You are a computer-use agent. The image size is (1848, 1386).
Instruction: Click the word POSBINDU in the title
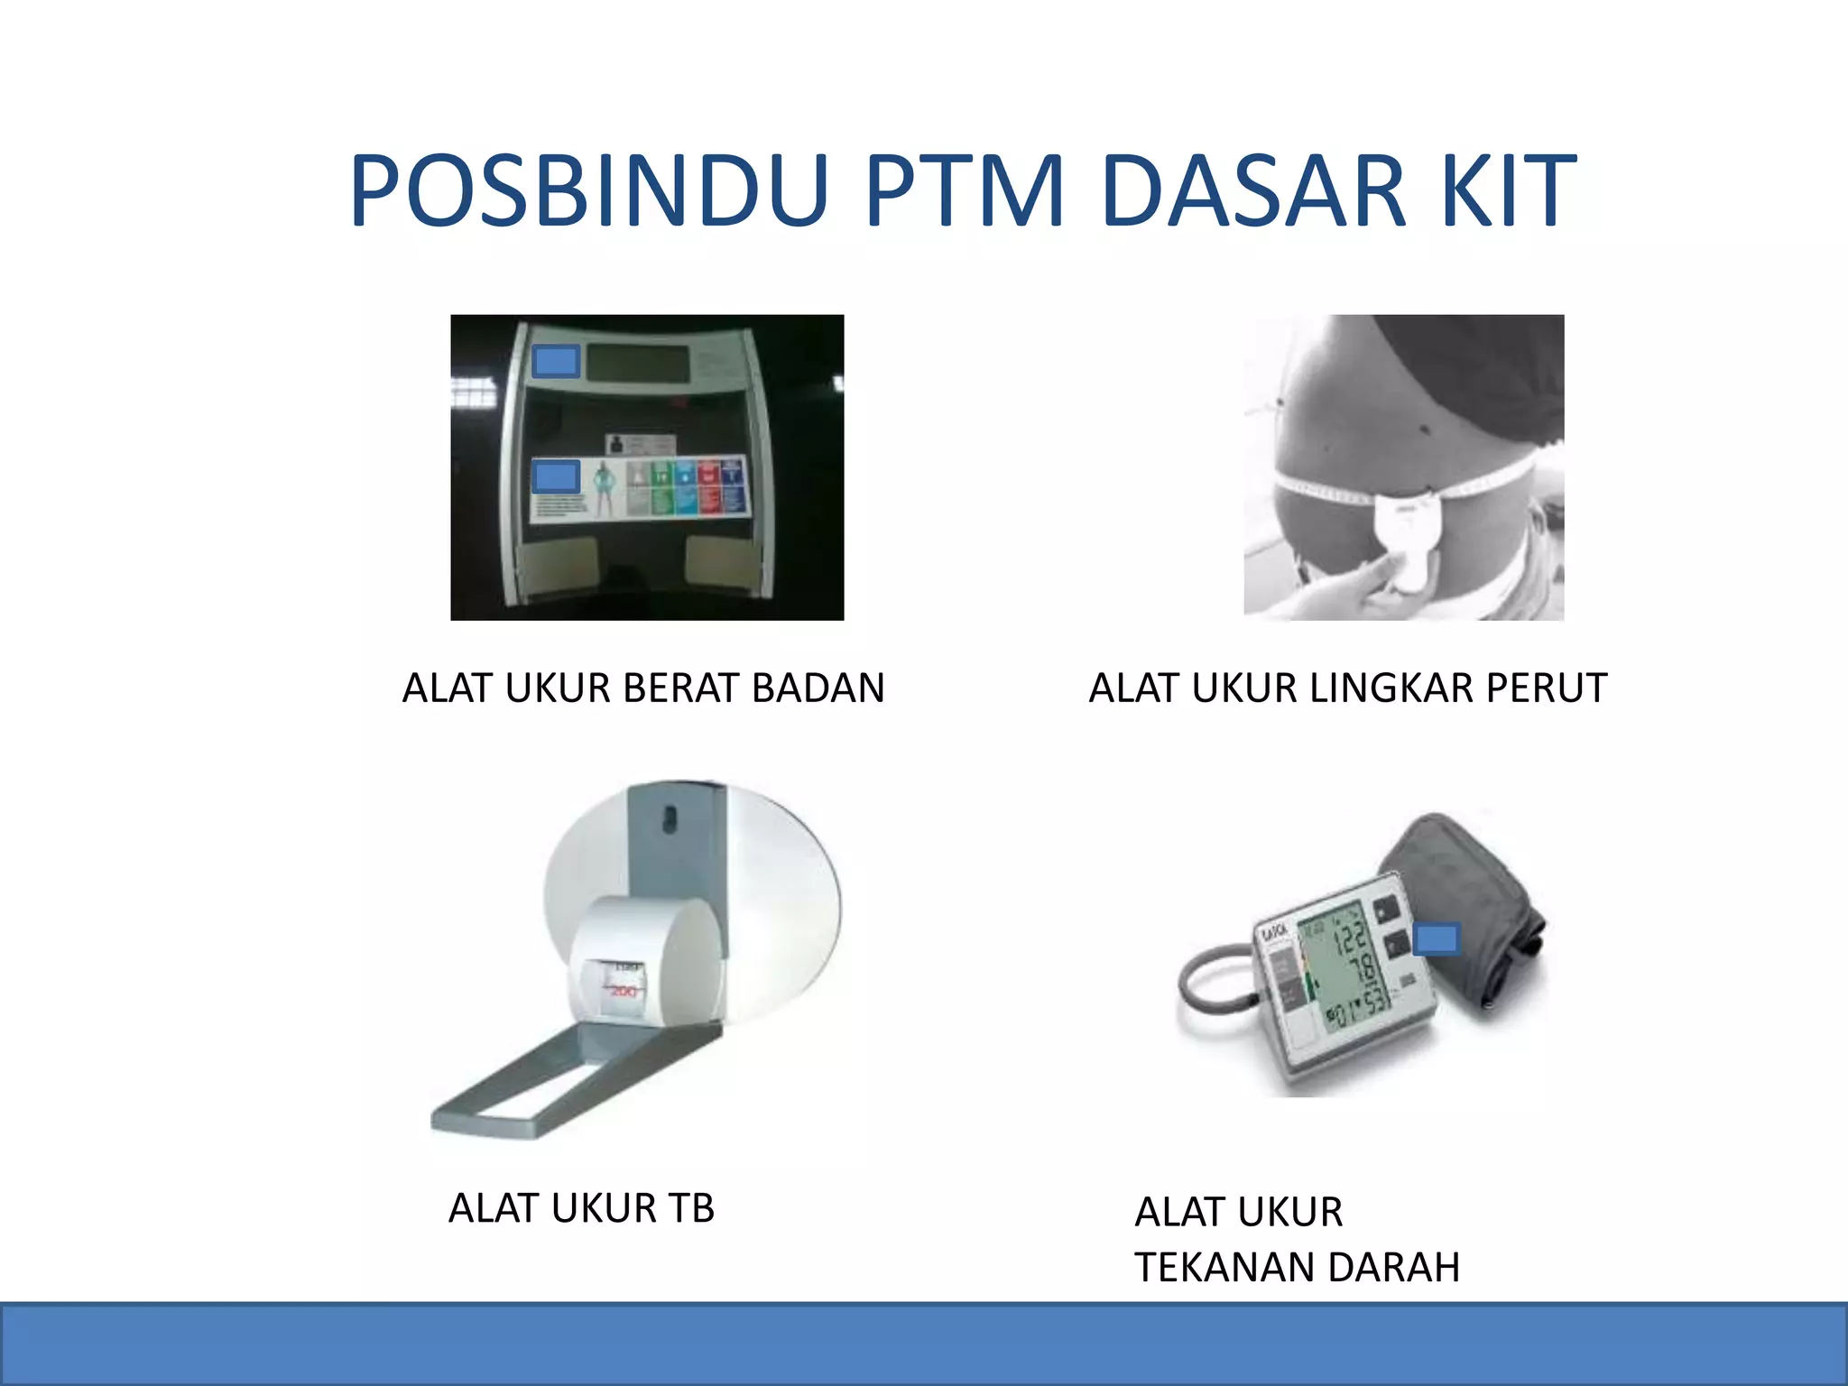click(x=588, y=191)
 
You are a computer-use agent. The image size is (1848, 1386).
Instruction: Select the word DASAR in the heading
click(x=1253, y=191)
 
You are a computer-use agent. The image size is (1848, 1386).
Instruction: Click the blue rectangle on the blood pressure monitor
click(x=1436, y=939)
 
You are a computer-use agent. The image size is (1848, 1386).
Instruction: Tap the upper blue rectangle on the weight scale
click(x=556, y=362)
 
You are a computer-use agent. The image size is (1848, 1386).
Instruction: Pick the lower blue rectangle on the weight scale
click(x=556, y=476)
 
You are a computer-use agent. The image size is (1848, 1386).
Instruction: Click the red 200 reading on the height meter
click(x=624, y=992)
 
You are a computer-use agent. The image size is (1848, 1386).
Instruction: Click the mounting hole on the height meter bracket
click(x=670, y=818)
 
